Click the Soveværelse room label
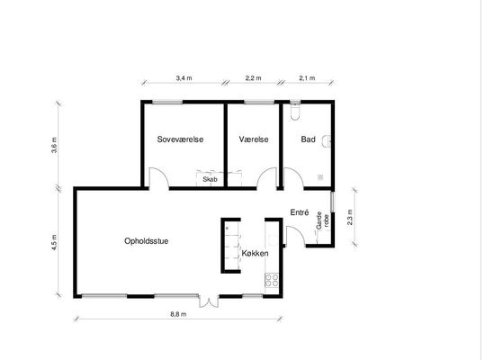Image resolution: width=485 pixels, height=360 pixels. pyautogui.click(x=180, y=139)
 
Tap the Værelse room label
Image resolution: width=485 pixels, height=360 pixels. pyautogui.click(x=254, y=139)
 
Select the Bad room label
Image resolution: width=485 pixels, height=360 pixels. pyautogui.click(x=308, y=139)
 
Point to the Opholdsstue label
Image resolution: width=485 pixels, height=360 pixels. pyautogui.click(x=147, y=241)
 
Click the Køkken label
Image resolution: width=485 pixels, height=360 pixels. pyautogui.click(x=255, y=253)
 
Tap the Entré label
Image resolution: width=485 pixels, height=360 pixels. pyautogui.click(x=300, y=212)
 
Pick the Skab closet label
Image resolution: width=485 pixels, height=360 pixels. pyautogui.click(x=210, y=179)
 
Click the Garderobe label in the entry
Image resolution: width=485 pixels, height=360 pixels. pyautogui.click(x=323, y=220)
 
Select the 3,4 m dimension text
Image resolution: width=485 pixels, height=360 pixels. pyautogui.click(x=184, y=78)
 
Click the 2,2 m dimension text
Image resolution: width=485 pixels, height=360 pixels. pyautogui.click(x=254, y=78)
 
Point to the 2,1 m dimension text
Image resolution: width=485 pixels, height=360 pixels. pyautogui.click(x=307, y=78)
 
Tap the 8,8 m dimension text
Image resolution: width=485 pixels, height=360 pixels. pyautogui.click(x=178, y=314)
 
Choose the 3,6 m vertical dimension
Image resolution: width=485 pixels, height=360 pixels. pyautogui.click(x=54, y=145)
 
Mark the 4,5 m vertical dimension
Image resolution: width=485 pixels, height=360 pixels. pyautogui.click(x=54, y=242)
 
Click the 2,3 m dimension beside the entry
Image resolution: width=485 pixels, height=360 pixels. pyautogui.click(x=350, y=218)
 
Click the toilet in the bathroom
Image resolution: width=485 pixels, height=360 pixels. pyautogui.click(x=295, y=112)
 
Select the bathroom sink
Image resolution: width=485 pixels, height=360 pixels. pyautogui.click(x=327, y=141)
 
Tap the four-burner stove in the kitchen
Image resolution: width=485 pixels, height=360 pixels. pyautogui.click(x=272, y=281)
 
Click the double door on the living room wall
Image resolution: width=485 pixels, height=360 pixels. pyautogui.click(x=209, y=301)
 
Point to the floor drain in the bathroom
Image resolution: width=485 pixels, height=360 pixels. pyautogui.click(x=320, y=177)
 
